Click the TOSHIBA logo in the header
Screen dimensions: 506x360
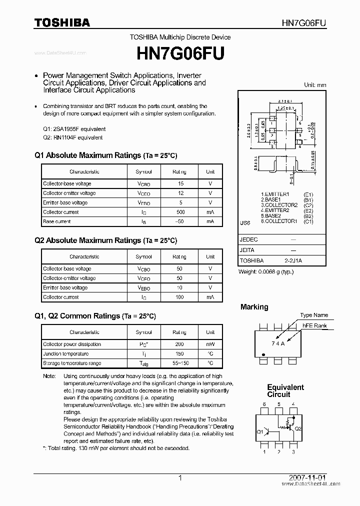62,22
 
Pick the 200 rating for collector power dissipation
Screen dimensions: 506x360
179,344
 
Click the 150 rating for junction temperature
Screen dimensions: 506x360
179,353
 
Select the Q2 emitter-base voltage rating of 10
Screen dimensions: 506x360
179,287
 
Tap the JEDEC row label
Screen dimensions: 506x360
249,239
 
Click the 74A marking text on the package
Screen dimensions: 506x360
278,343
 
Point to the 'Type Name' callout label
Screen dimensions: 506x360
314,315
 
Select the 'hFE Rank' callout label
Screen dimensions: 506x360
314,325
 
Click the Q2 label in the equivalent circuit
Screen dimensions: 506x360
297,429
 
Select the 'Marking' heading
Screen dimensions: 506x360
254,307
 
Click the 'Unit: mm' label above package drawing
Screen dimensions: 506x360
315,85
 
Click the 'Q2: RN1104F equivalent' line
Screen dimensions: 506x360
73,137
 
